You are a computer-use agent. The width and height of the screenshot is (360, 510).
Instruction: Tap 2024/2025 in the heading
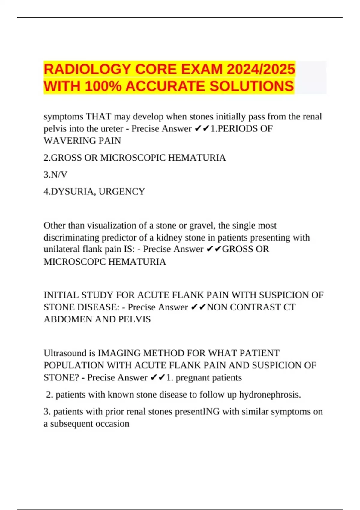[x=261, y=69]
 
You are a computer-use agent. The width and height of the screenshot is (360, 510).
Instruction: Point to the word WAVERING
[x=67, y=140]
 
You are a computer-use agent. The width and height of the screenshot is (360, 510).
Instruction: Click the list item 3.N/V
[x=55, y=174]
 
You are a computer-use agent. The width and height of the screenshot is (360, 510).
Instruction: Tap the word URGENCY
[x=122, y=191]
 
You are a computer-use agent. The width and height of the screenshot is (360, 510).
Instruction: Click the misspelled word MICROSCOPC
[x=74, y=262]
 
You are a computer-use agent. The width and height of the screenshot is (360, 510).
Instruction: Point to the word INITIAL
[x=61, y=295]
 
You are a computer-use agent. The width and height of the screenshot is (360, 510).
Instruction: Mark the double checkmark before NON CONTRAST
[x=198, y=307]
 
